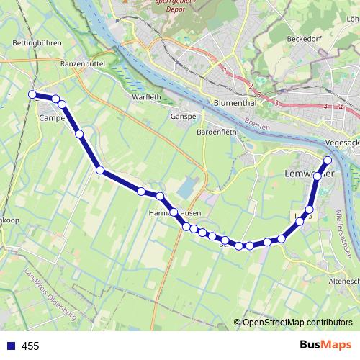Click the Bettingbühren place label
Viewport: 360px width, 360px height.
pos(35,43)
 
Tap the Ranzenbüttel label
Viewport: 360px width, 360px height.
pos(84,63)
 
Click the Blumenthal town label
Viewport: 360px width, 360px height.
pos(235,103)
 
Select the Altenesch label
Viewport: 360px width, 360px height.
pos(342,281)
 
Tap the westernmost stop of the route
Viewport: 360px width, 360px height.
pos(32,94)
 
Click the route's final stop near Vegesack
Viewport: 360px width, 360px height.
pos(328,160)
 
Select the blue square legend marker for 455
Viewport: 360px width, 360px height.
pos(10,346)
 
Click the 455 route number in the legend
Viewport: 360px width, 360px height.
pos(30,346)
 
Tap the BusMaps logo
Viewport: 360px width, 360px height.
pos(325,346)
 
